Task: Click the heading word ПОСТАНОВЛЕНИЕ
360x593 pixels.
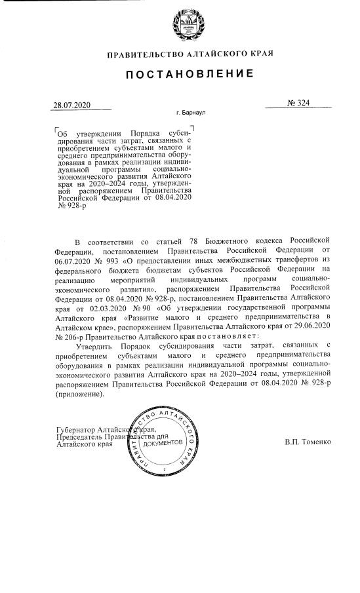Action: point(181,77)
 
